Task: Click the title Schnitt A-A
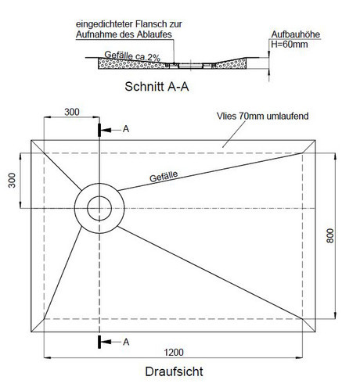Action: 157,87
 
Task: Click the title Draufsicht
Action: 174,371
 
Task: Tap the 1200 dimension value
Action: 174,353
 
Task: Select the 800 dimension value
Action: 330,235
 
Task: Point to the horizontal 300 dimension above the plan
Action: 72,112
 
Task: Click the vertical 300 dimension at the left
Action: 12,180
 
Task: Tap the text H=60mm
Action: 290,45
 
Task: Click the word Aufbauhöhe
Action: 296,34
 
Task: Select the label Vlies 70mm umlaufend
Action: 263,116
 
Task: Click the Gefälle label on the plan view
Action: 164,177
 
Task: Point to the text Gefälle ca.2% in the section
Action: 132,56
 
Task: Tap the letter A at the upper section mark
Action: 126,129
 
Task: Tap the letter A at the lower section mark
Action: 126,342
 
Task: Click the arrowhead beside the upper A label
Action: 106,130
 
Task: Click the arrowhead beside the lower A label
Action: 106,342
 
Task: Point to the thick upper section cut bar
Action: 99,130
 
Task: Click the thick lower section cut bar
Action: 99,342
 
